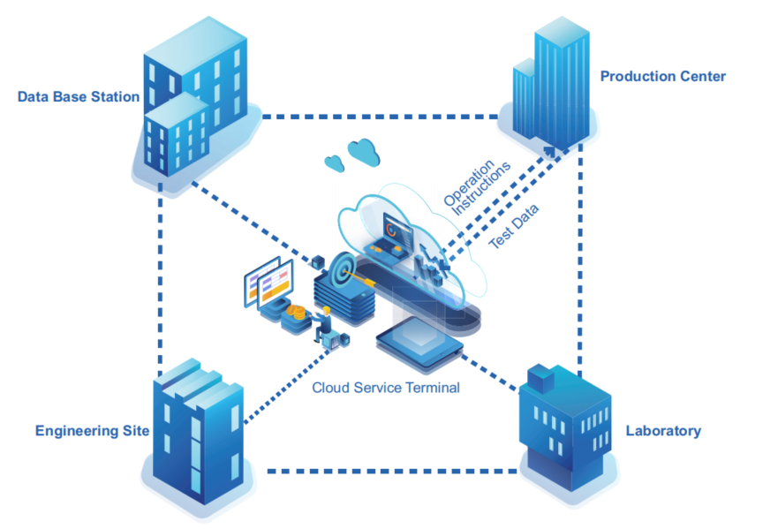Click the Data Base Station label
pyautogui.click(x=79, y=96)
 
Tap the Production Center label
pyautogui.click(x=662, y=77)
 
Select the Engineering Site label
pyautogui.click(x=92, y=432)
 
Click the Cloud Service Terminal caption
pyautogui.click(x=385, y=388)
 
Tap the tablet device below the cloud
pyautogui.click(x=419, y=342)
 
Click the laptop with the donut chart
pyautogui.click(x=394, y=234)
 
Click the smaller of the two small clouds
pyautogui.click(x=333, y=162)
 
